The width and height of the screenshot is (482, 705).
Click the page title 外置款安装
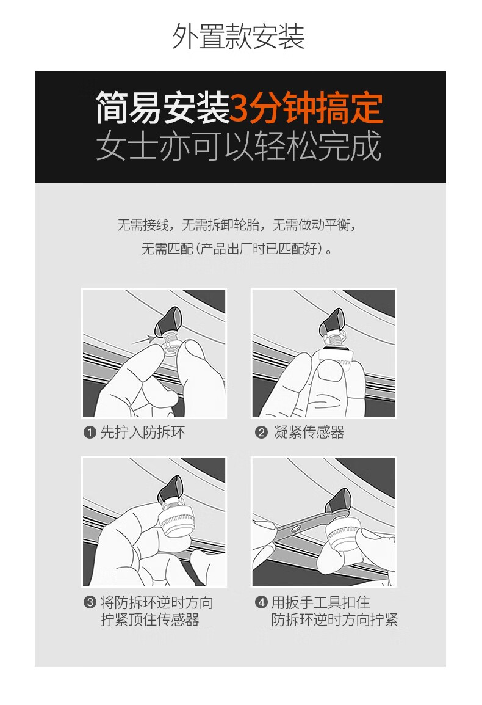pos(239,37)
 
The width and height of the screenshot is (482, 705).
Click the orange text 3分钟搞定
pos(306,108)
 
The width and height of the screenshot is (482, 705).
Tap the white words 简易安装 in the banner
pos(162,108)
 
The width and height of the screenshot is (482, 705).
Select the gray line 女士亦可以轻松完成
pos(239,145)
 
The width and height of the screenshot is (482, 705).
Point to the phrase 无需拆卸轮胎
pos(220,224)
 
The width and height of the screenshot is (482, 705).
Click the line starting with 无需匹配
pos(237,248)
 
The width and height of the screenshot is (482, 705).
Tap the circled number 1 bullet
pos(90,433)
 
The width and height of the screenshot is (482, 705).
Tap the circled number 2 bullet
pos(261,433)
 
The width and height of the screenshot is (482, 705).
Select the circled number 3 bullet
pos(90,602)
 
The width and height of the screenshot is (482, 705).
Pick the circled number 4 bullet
pos(261,602)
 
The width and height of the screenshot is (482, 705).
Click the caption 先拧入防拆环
pos(142,433)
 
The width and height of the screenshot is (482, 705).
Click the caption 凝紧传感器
pos(309,433)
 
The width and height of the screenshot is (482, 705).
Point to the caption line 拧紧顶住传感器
pos(149,620)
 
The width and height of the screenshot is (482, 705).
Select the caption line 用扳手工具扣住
pos(321,602)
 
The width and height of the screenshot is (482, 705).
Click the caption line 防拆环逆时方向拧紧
pos(335,620)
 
